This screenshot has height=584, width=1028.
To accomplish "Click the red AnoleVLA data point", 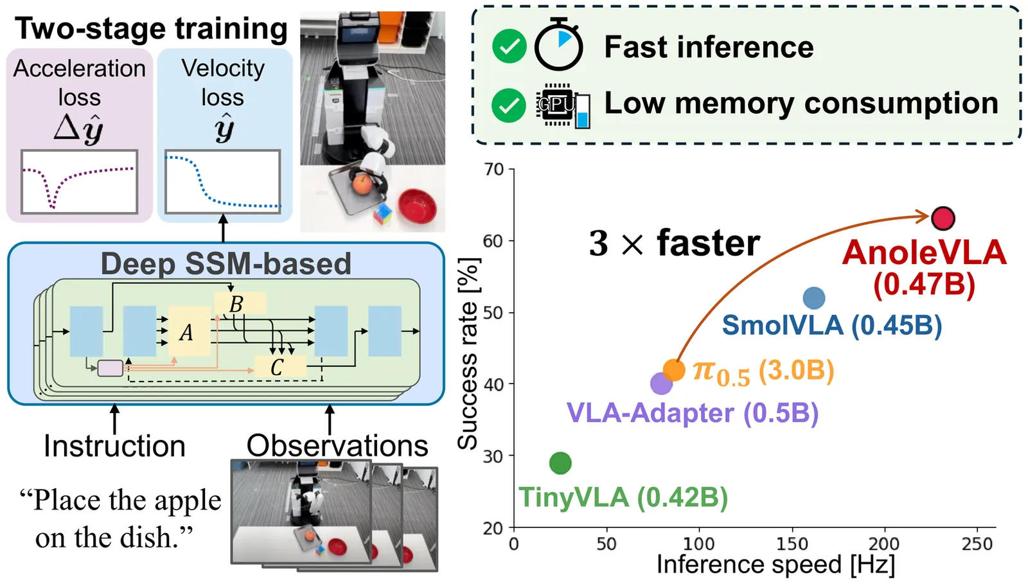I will [943, 218].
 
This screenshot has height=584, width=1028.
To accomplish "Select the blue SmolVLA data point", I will [814, 297].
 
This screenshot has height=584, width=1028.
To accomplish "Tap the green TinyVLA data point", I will [560, 463].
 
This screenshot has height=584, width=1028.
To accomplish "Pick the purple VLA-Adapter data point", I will [661, 384].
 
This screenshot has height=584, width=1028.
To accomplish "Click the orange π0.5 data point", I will [674, 369].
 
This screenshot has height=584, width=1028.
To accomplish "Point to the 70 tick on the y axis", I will [494, 170].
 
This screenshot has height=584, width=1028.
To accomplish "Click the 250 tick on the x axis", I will [977, 544].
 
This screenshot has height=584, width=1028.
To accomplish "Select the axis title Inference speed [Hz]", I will [775, 565].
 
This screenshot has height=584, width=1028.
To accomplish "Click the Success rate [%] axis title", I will [468, 353].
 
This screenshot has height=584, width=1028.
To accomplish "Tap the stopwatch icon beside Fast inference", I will [558, 46].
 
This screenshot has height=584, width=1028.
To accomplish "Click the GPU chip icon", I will [556, 104].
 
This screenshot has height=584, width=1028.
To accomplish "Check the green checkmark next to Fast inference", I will [509, 47].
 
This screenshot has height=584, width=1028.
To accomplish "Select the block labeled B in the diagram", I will [240, 303].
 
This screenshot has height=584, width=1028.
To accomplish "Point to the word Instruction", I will [114, 446].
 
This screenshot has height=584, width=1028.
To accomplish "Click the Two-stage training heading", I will [151, 28].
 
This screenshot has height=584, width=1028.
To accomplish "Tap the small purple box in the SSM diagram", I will [110, 368].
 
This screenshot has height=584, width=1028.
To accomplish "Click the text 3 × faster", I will [674, 243].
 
